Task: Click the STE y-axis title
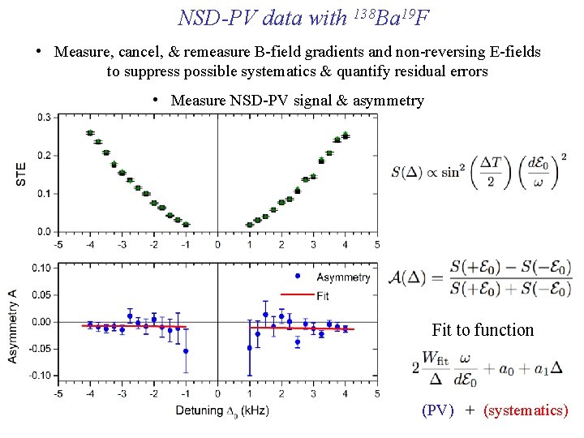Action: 21,173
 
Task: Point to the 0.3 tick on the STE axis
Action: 45,117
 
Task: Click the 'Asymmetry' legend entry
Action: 334,277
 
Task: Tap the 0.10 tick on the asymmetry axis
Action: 42,268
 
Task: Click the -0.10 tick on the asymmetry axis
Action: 41,376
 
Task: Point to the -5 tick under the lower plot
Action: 58,394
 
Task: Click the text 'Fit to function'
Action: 483,330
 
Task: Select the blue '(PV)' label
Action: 438,410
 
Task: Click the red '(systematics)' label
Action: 526,410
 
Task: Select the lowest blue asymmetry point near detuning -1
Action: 186,351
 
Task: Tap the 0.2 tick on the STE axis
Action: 45,155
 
